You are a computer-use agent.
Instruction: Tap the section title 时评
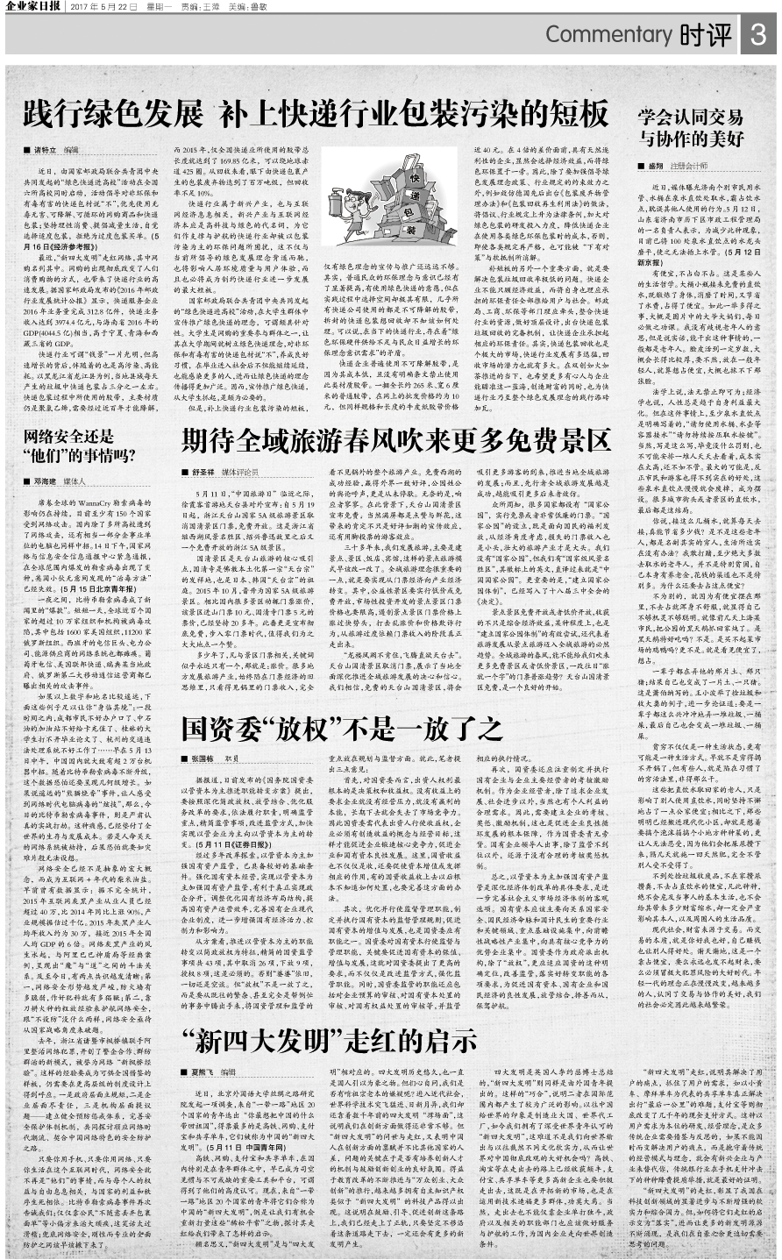[704, 36]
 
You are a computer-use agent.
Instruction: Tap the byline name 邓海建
[49, 481]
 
